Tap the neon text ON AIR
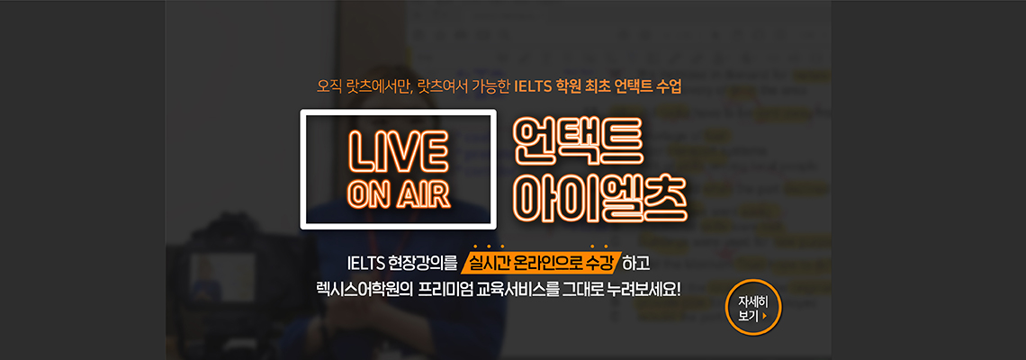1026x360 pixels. coord(399,194)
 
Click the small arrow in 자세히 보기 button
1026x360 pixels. coord(764,316)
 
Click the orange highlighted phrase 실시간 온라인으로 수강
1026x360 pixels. coord(541,265)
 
